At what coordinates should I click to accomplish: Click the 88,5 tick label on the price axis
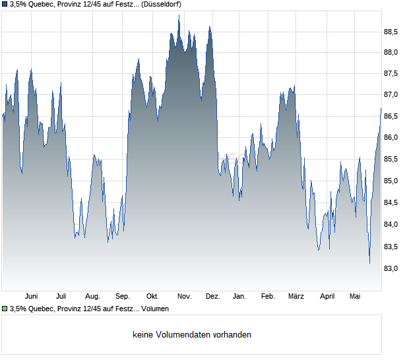(x=391, y=32)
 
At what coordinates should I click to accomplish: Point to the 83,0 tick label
(x=391, y=268)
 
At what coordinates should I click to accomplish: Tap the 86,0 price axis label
(x=391, y=137)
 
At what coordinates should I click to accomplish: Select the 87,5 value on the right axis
(x=391, y=73)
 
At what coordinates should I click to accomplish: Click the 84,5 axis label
(x=391, y=202)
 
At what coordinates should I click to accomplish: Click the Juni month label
(x=31, y=297)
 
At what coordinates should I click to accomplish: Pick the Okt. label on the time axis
(x=152, y=297)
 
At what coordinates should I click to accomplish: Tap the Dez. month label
(x=213, y=297)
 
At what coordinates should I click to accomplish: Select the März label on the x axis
(x=296, y=297)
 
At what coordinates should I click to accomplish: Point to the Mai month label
(x=355, y=297)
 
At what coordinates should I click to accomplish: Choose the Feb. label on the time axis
(x=268, y=297)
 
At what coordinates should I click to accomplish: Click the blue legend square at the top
(x=5, y=4)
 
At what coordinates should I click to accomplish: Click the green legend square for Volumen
(x=5, y=309)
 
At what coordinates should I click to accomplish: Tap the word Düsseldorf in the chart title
(x=161, y=4)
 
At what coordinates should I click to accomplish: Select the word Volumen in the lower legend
(x=155, y=309)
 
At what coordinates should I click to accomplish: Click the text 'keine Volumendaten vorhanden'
(x=192, y=334)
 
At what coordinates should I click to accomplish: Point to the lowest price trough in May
(x=369, y=263)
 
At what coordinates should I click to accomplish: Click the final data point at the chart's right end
(x=381, y=108)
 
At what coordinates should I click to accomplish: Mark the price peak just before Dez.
(x=210, y=26)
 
